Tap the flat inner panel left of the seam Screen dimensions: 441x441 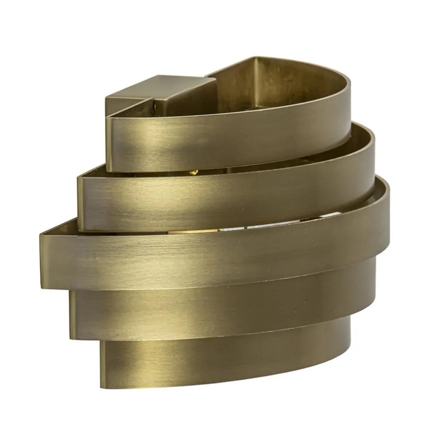tap(233, 85)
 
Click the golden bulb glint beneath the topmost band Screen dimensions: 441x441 tap(194, 172)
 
